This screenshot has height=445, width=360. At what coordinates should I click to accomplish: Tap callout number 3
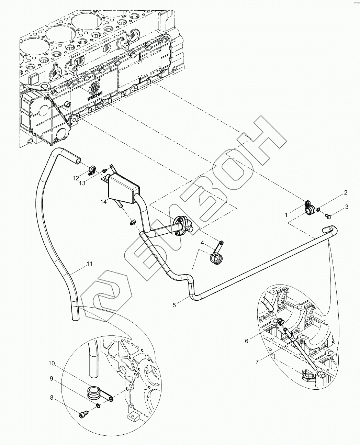coord(346,207)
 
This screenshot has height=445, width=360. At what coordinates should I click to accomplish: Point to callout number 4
coord(202,243)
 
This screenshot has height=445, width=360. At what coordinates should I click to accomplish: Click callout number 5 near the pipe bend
coord(174,305)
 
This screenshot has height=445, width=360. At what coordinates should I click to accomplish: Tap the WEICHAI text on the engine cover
coord(93,97)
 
